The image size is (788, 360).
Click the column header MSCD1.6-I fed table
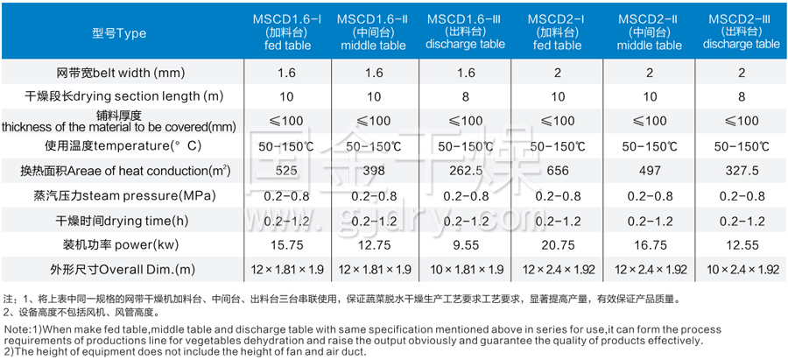coord(280,32)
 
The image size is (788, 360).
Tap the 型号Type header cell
coord(119,33)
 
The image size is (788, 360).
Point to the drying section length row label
coord(118,95)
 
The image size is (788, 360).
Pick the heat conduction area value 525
coord(281,170)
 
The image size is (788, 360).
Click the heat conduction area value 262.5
coord(465,170)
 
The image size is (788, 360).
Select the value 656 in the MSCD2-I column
coord(557,170)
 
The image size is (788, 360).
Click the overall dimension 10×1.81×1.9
coord(465,269)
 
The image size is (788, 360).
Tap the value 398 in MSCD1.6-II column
coord(373,170)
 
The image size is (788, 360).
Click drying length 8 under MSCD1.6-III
coord(465,95)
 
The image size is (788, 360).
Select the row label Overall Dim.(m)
coord(118,269)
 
